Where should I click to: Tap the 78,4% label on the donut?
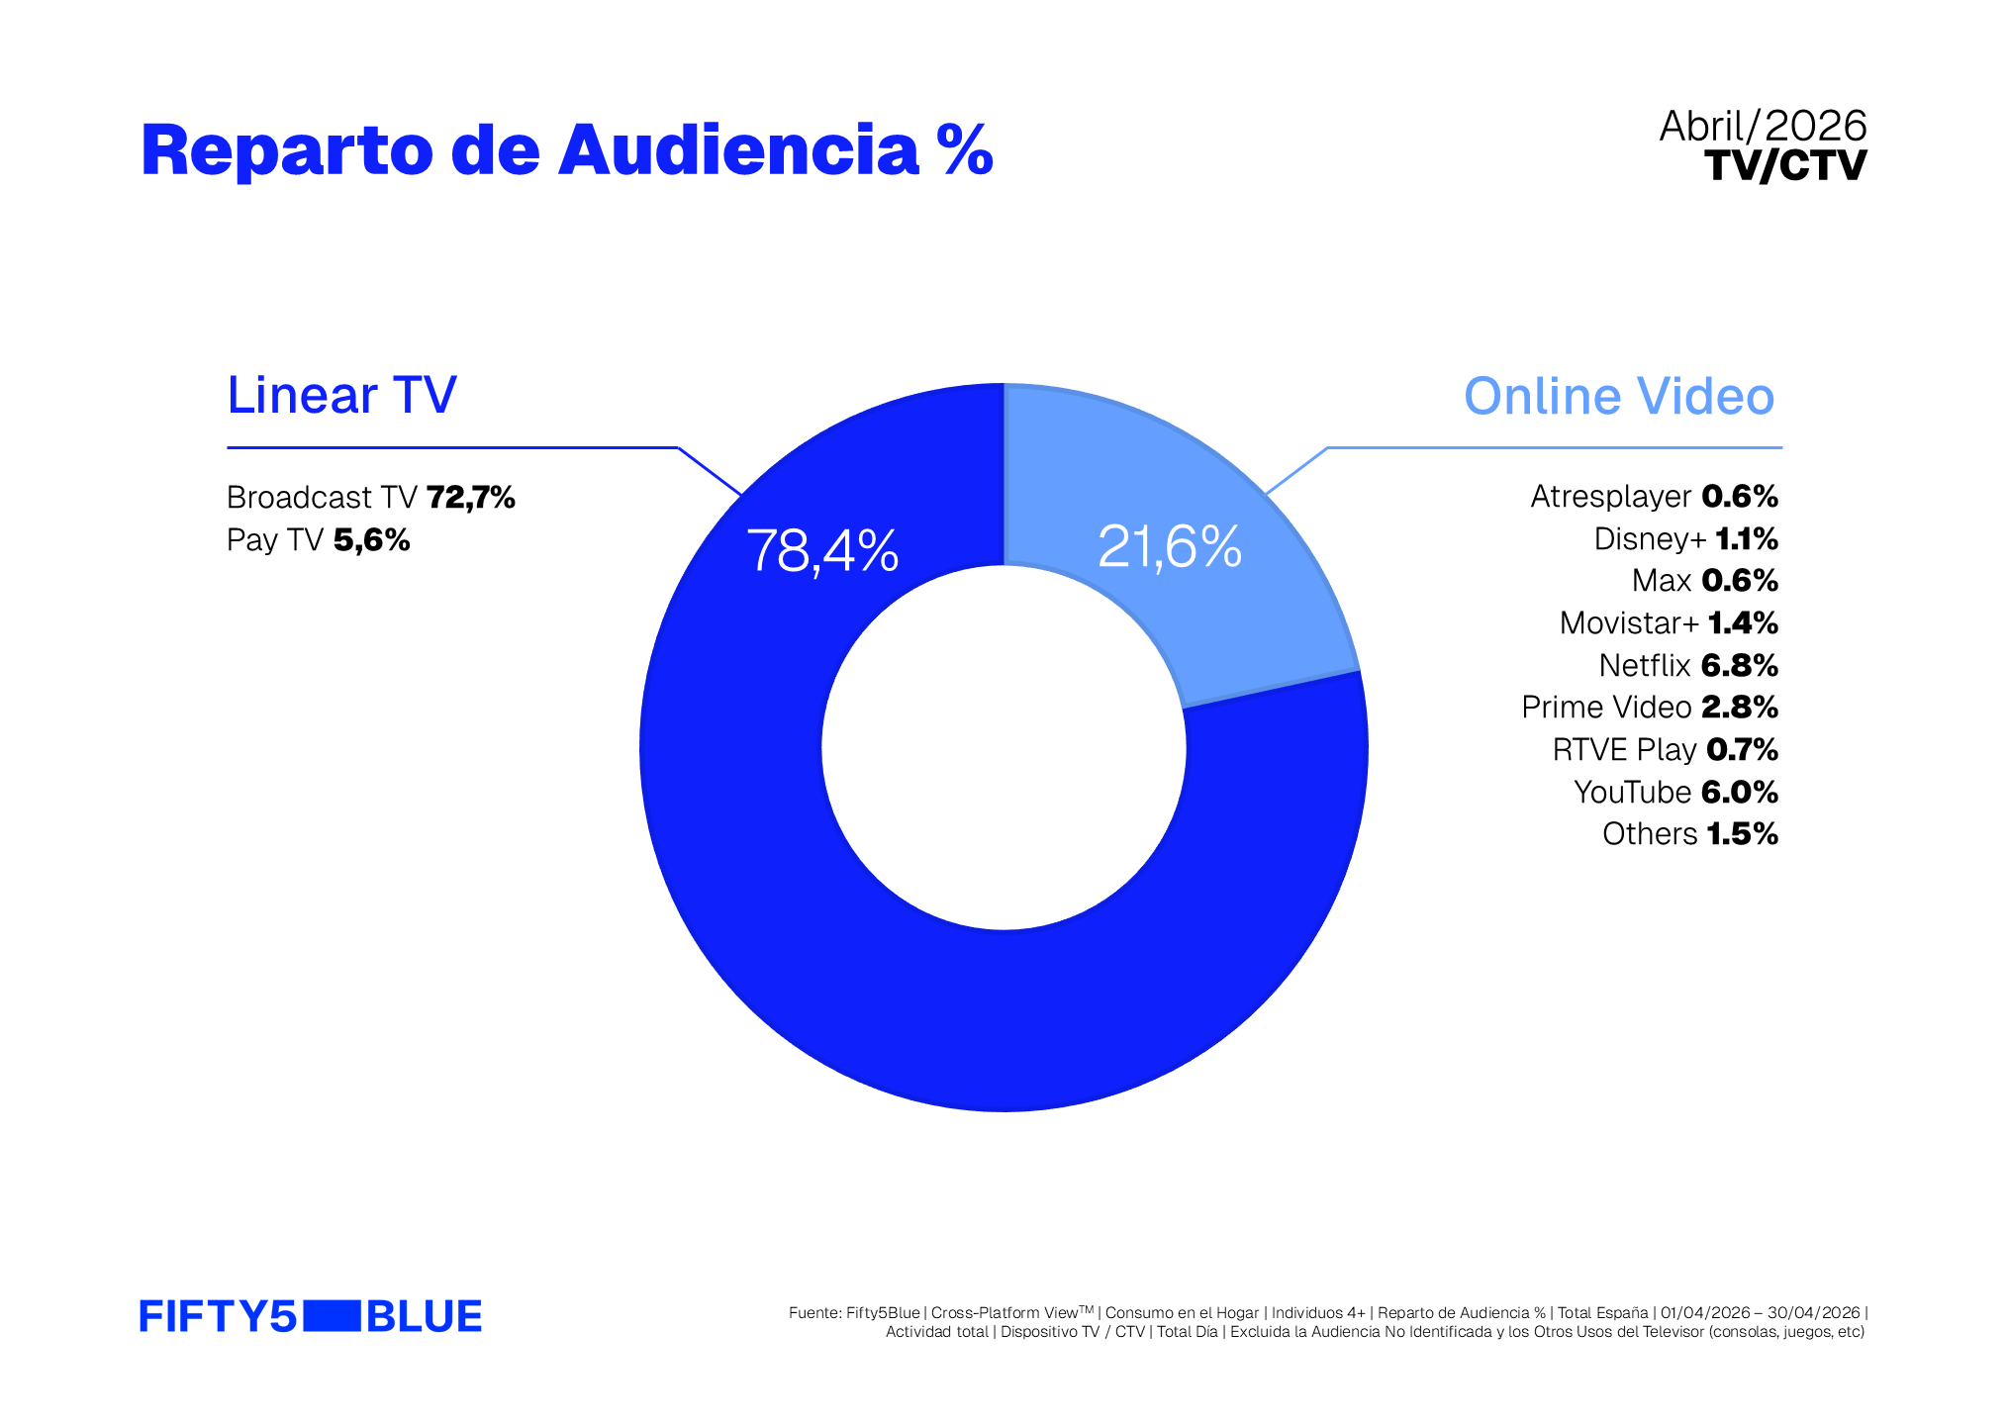[x=822, y=550]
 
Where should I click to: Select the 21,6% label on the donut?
[x=1169, y=546]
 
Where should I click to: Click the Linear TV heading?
[x=341, y=395]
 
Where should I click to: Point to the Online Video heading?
[x=1619, y=396]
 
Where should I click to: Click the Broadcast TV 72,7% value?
[x=371, y=497]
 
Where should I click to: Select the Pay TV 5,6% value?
[x=318, y=540]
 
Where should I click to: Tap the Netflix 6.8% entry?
[x=1688, y=666]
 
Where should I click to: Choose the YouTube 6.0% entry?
[x=1675, y=793]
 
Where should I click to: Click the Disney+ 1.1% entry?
[x=1686, y=539]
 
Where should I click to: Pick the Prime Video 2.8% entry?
[x=1650, y=708]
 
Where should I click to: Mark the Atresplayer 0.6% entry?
[x=1655, y=497]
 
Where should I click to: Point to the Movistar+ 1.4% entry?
[x=1669, y=623]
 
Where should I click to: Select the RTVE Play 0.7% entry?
[x=1666, y=750]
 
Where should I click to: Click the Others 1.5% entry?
[x=1690, y=834]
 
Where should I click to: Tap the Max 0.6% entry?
[x=1705, y=581]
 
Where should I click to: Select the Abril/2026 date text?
[x=1763, y=127]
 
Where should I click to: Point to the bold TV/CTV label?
[x=1785, y=165]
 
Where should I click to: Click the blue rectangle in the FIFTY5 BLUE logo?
[x=332, y=1317]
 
